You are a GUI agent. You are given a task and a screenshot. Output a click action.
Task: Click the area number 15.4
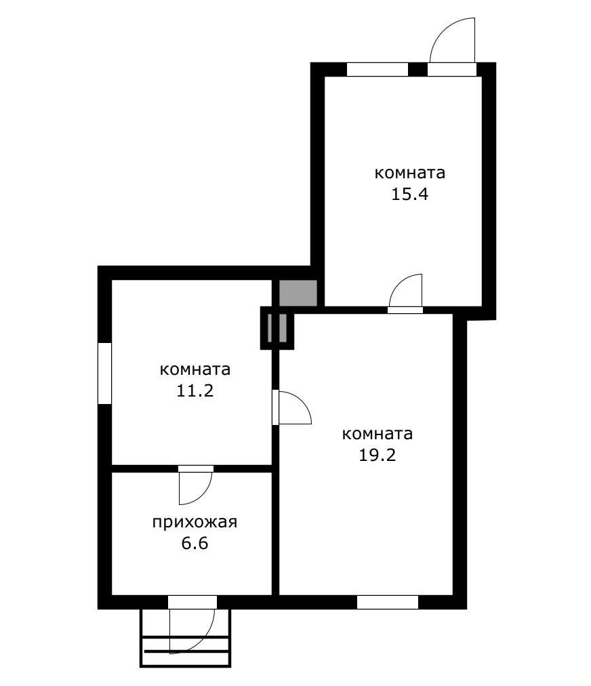point(409,195)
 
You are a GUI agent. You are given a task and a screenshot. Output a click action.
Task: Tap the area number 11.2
point(195,391)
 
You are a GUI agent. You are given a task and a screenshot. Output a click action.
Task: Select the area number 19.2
point(378,455)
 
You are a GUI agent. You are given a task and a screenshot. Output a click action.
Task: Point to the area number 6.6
point(194,544)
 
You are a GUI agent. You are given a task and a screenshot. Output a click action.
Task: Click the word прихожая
point(194,523)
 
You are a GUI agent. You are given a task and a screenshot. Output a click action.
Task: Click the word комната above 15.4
point(409,173)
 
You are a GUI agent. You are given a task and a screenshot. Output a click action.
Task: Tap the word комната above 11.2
point(195,370)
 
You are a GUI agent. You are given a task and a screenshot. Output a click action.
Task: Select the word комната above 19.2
point(378,434)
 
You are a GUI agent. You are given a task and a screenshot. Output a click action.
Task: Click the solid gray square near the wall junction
point(298,293)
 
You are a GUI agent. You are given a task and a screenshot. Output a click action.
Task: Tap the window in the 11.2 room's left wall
point(104,374)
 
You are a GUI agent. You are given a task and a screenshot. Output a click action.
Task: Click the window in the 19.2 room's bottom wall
point(387,602)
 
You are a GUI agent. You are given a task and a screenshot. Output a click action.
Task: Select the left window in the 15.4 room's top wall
point(377,69)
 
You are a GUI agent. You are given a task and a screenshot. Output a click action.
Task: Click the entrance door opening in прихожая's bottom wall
point(192,602)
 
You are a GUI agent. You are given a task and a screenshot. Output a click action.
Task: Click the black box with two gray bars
point(278,327)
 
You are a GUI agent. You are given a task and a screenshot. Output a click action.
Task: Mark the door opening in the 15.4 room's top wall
point(452,69)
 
